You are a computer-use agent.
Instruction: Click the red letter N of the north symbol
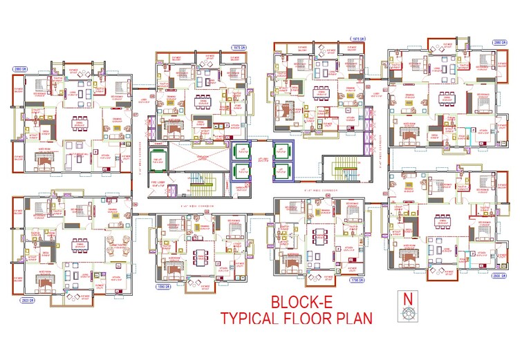pos(409,299)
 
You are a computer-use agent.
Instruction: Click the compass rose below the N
pos(409,313)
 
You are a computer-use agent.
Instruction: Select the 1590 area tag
pos(164,285)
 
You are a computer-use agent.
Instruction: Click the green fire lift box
pos(158,158)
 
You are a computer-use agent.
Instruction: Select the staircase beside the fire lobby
pos(200,185)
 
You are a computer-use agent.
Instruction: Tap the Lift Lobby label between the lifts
pos(261,160)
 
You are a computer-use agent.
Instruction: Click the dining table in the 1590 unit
pos(200,256)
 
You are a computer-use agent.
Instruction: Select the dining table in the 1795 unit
pos(319,236)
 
